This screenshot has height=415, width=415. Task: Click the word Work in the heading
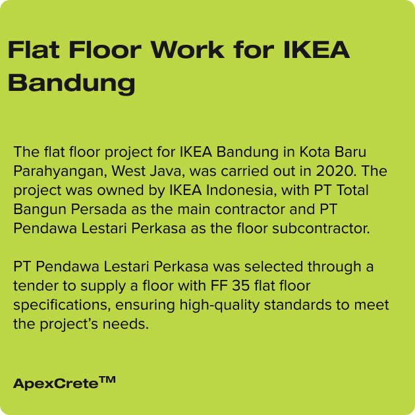click(x=188, y=49)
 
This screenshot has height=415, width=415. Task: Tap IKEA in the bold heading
click(x=317, y=49)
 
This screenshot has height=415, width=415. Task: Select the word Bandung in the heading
click(x=71, y=83)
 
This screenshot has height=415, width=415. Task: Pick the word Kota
click(x=311, y=152)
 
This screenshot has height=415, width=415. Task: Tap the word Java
click(x=167, y=171)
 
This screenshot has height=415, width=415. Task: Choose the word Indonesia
click(x=242, y=190)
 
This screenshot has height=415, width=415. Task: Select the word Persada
click(x=99, y=209)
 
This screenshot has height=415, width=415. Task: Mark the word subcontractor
click(x=321, y=229)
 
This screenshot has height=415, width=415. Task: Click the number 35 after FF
click(x=240, y=286)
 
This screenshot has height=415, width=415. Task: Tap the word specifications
click(x=62, y=306)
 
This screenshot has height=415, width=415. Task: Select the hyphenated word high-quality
click(x=219, y=306)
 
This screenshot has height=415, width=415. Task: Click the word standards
click(x=298, y=305)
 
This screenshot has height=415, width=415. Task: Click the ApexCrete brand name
click(x=55, y=383)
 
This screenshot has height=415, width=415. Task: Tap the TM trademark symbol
click(x=107, y=379)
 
